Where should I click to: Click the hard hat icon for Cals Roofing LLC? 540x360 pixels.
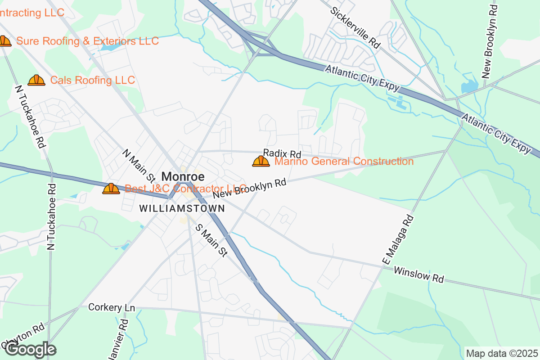click(x=36, y=81)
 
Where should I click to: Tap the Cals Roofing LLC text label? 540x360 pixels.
click(x=92, y=81)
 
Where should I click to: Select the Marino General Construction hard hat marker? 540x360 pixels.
click(x=261, y=161)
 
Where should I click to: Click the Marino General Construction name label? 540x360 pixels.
click(x=344, y=161)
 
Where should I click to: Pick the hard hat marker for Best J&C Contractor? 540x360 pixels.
click(x=111, y=189)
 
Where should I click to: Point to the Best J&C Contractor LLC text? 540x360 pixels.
click(x=185, y=189)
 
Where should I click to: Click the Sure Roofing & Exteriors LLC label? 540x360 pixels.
click(x=87, y=41)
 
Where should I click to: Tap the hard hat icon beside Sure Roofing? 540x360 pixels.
click(x=4, y=41)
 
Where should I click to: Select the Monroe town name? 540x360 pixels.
click(x=183, y=177)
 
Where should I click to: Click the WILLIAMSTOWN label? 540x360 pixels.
click(x=182, y=209)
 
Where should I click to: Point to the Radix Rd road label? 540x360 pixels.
click(x=282, y=153)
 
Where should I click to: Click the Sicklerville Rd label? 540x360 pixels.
click(x=355, y=28)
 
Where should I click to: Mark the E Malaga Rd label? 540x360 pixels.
click(x=397, y=240)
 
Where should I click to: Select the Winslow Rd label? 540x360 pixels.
click(x=418, y=274)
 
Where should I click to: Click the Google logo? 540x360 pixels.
click(x=31, y=350)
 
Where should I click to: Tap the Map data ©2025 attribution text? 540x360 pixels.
click(x=501, y=353)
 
